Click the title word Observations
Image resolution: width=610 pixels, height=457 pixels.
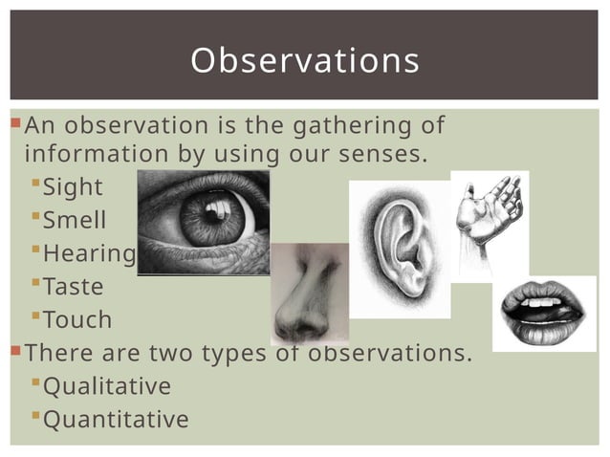click(x=305, y=60)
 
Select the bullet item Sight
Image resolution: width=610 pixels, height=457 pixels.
click(x=73, y=187)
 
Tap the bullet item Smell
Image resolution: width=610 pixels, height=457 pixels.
click(x=75, y=221)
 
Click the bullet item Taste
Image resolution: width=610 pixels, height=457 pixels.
click(x=74, y=286)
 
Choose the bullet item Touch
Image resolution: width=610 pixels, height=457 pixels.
click(x=77, y=319)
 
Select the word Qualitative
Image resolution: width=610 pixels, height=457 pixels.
click(x=107, y=386)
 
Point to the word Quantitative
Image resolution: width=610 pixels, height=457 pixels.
click(x=116, y=420)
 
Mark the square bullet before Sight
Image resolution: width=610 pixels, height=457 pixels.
click(x=35, y=182)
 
